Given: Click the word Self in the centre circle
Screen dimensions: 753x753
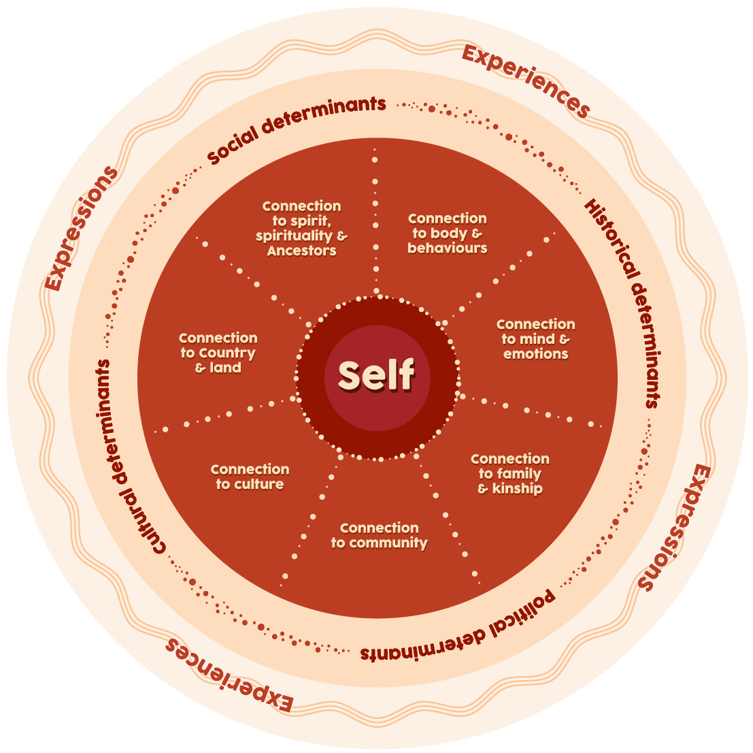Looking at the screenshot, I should click(376, 375).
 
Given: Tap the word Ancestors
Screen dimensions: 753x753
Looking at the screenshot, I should click(301, 251).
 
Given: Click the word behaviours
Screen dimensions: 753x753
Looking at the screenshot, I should click(447, 249).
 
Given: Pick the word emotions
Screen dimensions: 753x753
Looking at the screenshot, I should click(535, 354).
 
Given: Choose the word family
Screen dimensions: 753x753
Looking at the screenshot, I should click(518, 474).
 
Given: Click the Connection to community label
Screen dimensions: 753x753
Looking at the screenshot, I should click(379, 535).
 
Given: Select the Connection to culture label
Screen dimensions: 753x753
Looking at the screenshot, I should click(250, 477).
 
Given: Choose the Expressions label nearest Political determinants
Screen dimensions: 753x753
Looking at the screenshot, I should click(674, 528).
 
